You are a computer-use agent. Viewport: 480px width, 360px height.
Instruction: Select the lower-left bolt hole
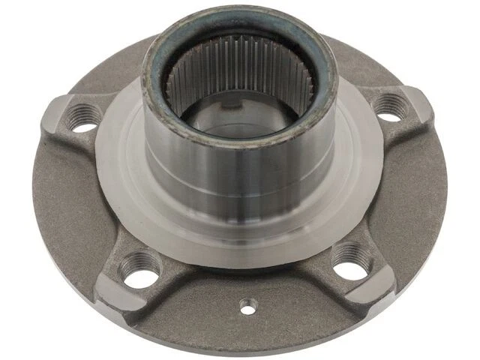[x=139, y=270]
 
